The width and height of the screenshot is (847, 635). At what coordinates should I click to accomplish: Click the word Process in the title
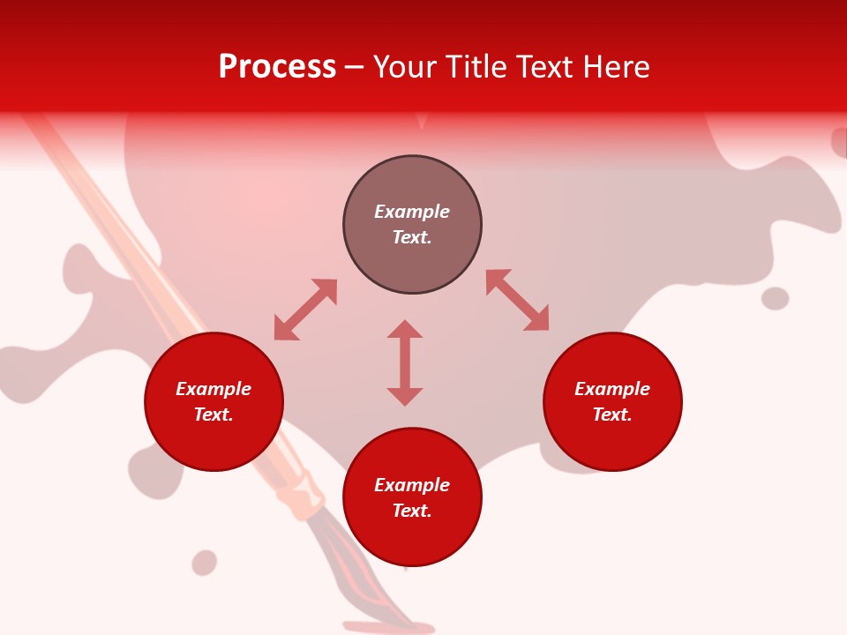(x=277, y=67)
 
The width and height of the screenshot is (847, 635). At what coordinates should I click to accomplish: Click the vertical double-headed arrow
(x=405, y=362)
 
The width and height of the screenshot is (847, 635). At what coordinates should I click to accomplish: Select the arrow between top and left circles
(x=305, y=310)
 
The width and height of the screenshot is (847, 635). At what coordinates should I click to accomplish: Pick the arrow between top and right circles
(x=518, y=300)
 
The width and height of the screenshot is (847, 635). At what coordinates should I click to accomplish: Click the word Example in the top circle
(x=412, y=212)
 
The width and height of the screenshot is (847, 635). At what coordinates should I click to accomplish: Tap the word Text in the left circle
(x=214, y=415)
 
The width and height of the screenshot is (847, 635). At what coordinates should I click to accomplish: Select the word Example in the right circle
(x=612, y=389)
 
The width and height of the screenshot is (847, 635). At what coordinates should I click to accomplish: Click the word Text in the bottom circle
(x=412, y=511)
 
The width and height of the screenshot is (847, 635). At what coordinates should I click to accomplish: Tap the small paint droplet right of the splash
(x=775, y=298)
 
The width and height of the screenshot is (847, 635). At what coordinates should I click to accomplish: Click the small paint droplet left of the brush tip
(x=204, y=562)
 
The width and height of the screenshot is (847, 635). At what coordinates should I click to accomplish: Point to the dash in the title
(x=355, y=68)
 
